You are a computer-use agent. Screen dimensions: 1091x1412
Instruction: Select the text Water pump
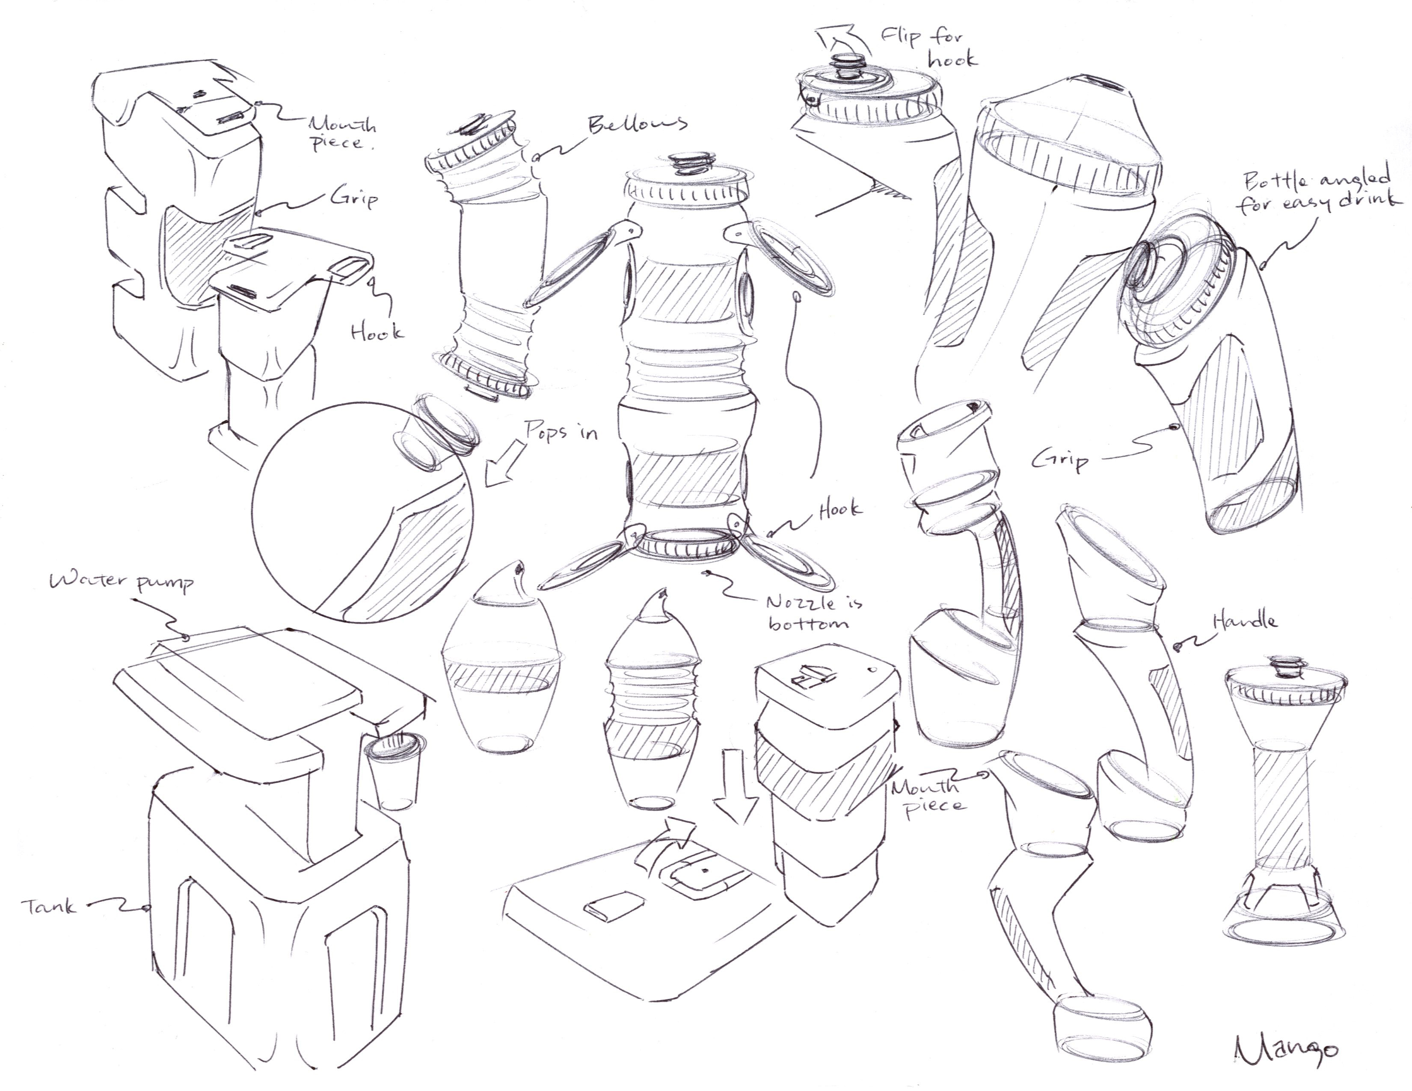pyautogui.click(x=122, y=582)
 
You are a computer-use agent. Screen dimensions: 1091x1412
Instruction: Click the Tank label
pyautogui.click(x=50, y=906)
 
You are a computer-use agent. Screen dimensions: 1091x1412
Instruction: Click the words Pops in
pyautogui.click(x=561, y=431)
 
